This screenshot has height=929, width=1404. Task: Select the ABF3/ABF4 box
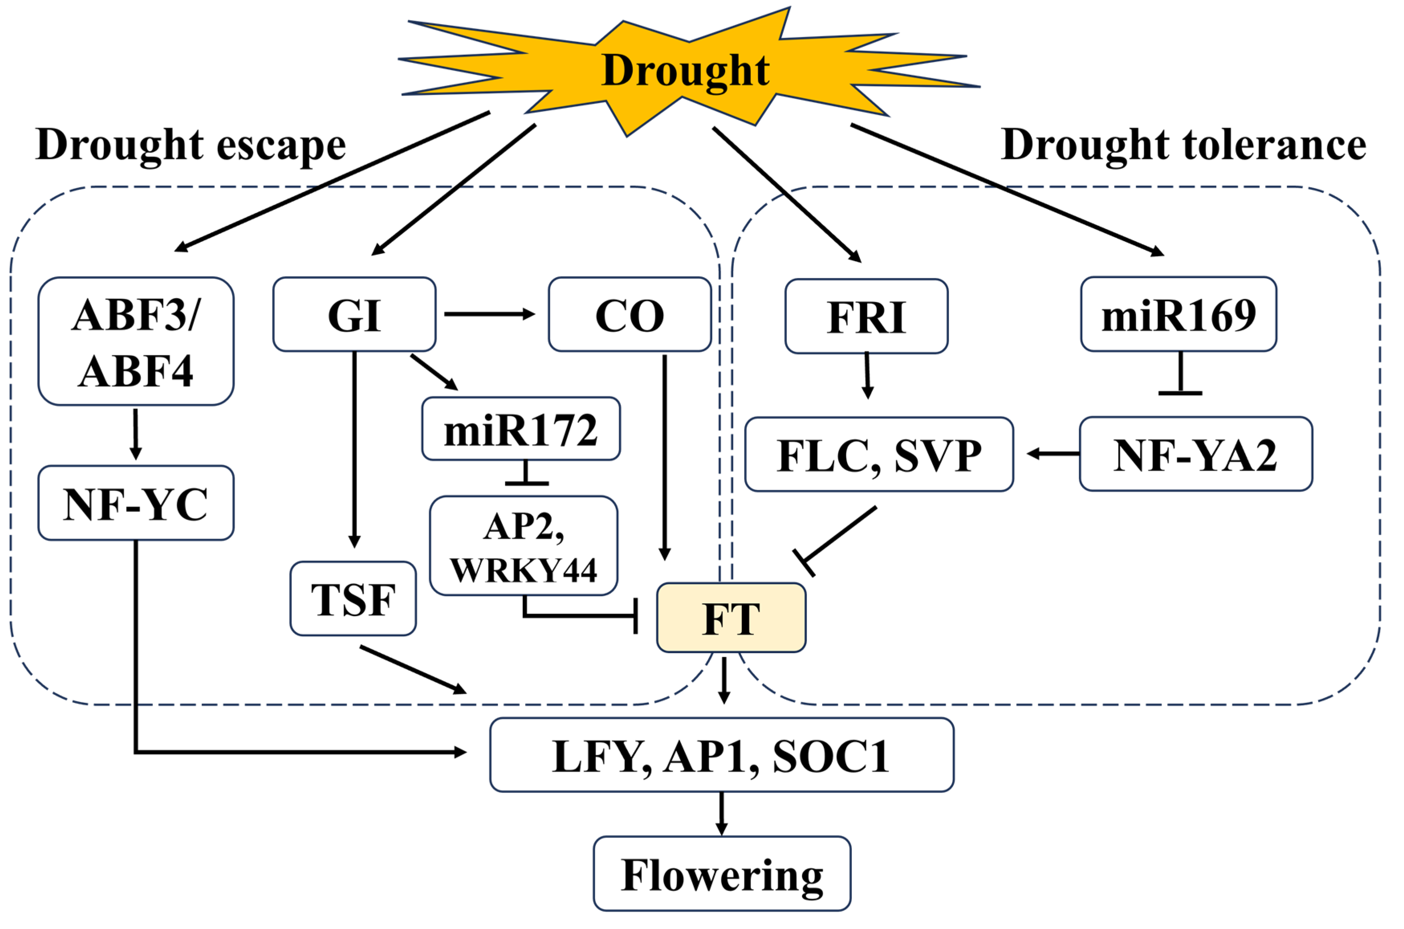136,342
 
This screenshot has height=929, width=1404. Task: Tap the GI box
354,314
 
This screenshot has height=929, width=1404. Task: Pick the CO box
630,314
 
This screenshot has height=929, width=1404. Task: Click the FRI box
866,317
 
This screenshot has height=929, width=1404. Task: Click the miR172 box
521,429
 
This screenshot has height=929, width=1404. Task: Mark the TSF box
353,599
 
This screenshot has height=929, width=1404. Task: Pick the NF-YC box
136,503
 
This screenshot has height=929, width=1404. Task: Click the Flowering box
721,874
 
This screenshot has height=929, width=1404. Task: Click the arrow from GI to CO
490,314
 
